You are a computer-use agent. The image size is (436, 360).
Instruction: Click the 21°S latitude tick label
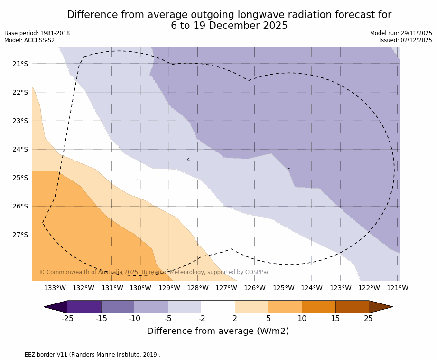pyautogui.click(x=20, y=64)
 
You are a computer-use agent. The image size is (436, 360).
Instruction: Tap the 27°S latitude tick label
pyautogui.click(x=20, y=235)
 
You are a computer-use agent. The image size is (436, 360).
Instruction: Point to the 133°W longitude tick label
pyautogui.click(x=55, y=288)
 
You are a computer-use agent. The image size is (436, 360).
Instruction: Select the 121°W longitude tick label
pyautogui.click(x=398, y=288)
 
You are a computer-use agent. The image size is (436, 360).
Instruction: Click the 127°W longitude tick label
pyautogui.click(x=226, y=288)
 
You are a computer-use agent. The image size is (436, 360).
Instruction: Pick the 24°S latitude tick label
pyautogui.click(x=20, y=149)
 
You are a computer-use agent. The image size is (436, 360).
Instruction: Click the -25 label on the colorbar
pyautogui.click(x=67, y=318)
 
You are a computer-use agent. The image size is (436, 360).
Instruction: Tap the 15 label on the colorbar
pyautogui.click(x=335, y=318)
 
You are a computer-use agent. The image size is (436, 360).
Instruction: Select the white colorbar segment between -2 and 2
pyautogui.click(x=218, y=307)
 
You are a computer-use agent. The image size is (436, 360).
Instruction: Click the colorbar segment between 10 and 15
pyautogui.click(x=318, y=307)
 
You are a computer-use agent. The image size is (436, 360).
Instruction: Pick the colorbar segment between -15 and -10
pyautogui.click(x=118, y=307)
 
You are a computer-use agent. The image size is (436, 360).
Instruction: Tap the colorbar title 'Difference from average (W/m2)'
pyautogui.click(x=218, y=331)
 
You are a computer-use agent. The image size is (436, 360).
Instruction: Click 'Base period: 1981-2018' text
pyautogui.click(x=37, y=33)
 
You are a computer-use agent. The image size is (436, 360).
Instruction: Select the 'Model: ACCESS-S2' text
pyautogui.click(x=29, y=40)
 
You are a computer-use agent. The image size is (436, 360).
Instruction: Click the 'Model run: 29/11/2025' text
pyautogui.click(x=401, y=33)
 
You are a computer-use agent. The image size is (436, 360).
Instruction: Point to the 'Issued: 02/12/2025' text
pyautogui.click(x=406, y=40)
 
